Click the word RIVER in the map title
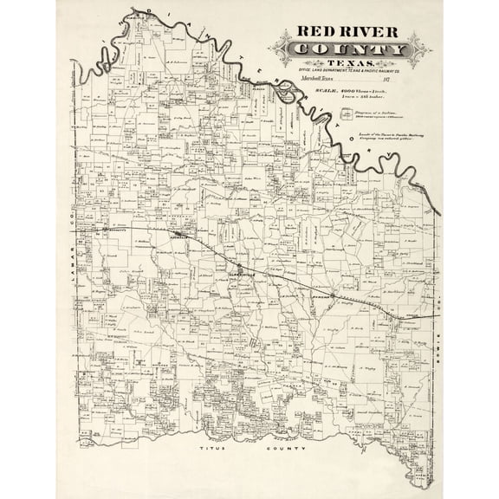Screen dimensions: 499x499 pos(367,32)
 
